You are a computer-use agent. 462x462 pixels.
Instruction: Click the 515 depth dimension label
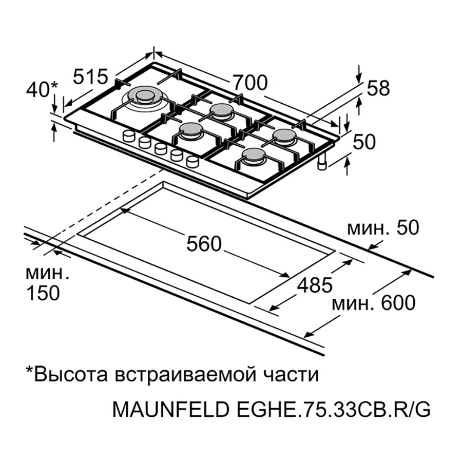click(90, 76)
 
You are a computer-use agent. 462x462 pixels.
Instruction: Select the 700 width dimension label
click(250, 83)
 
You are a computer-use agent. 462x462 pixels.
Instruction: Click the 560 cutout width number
click(204, 244)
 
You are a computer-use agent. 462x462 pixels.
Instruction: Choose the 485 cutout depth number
click(315, 285)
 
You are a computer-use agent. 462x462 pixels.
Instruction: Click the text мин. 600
click(373, 303)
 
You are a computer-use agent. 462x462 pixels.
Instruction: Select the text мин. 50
click(382, 228)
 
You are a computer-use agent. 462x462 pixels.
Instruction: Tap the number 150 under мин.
click(43, 293)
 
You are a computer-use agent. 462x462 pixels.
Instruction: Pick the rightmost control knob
click(192, 162)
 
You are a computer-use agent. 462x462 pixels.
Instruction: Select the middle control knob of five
click(161, 148)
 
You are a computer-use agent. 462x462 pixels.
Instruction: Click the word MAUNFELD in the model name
click(170, 409)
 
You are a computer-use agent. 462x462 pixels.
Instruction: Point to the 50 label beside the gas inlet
click(364, 142)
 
